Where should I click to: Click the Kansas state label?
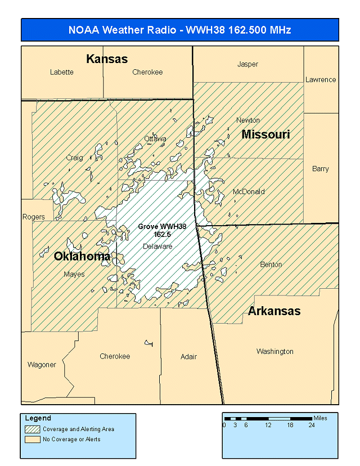(x=107, y=59)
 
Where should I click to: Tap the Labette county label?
(x=61, y=72)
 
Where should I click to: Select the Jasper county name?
(x=247, y=64)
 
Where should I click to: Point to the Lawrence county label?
(x=321, y=80)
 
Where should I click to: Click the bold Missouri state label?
(x=265, y=135)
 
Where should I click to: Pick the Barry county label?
(x=321, y=169)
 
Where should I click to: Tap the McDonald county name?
(x=249, y=192)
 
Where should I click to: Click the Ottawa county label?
(x=155, y=138)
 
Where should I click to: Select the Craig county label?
(x=74, y=158)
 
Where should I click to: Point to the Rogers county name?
(x=33, y=217)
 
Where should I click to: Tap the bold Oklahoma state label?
(x=82, y=257)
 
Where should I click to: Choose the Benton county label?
(x=271, y=265)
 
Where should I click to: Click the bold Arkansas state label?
(x=274, y=311)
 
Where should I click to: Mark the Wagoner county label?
(x=42, y=365)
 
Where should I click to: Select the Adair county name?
(x=189, y=357)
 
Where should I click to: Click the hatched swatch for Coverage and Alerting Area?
(x=33, y=429)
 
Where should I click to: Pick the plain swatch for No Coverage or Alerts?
(x=33, y=439)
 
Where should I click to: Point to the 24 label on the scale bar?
(x=312, y=425)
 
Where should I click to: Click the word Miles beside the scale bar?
(x=321, y=418)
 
